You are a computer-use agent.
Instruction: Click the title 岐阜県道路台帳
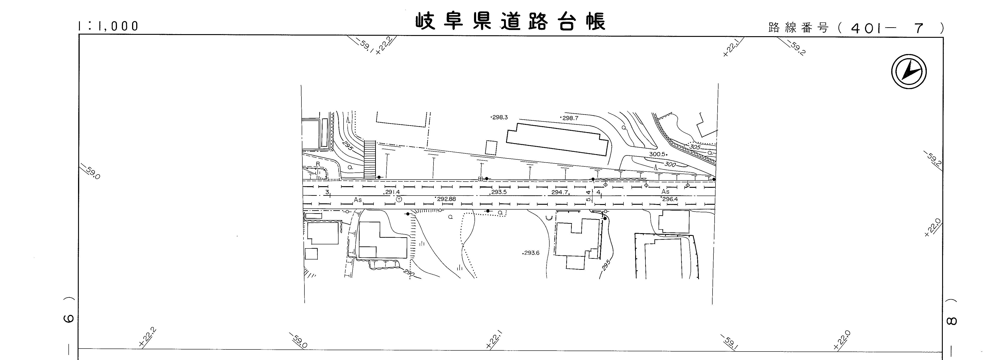pos(510,22)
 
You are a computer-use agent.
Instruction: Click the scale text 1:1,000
pos(108,26)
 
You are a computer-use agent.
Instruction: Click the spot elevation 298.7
pos(570,118)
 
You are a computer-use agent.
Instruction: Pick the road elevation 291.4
pos(392,192)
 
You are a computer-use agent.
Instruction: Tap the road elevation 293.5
pos(499,192)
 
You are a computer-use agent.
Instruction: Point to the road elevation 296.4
pos(670,199)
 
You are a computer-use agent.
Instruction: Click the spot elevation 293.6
pos(531,253)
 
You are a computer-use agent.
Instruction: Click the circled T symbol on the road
pos(399,199)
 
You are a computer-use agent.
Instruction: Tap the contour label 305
pos(695,147)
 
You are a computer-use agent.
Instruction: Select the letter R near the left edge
pos(317,164)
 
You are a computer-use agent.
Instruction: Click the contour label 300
pos(670,164)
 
